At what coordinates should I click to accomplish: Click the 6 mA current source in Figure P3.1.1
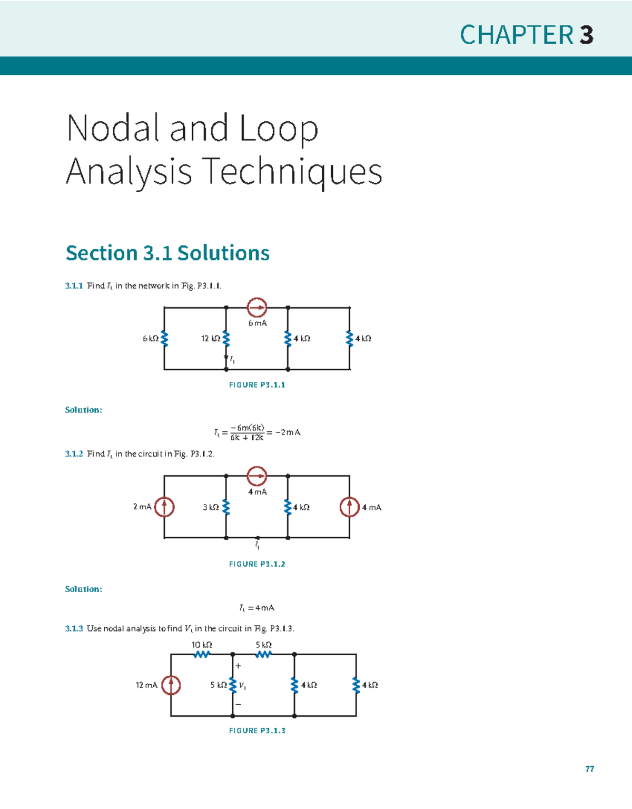257,308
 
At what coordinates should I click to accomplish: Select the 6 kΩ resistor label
150,339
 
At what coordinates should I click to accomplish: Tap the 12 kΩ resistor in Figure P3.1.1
226,339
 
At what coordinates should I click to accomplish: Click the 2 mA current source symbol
164,507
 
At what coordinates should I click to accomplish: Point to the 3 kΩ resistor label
211,507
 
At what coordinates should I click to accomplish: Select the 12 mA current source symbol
171,685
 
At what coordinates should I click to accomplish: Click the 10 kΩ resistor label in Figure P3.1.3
202,645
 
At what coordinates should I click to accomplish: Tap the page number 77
590,769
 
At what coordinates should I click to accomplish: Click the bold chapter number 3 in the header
586,35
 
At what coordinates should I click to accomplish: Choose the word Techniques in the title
292,172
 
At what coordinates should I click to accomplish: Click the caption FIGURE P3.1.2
257,564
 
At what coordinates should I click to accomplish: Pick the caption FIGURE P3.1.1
257,385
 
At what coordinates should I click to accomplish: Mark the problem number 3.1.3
74,628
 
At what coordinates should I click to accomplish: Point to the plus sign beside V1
238,666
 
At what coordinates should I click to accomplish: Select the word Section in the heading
102,253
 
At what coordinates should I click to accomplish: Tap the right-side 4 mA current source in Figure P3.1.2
349,507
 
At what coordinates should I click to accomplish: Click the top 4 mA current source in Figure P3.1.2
257,476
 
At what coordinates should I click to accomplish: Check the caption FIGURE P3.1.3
257,731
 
